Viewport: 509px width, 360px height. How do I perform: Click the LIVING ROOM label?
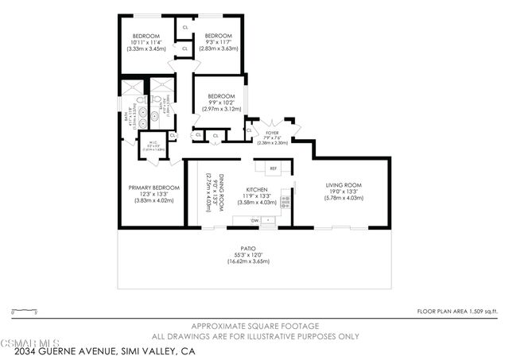click(x=344, y=185)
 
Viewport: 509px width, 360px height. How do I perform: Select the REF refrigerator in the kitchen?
click(x=273, y=168)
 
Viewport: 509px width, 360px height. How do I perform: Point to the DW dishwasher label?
click(x=255, y=219)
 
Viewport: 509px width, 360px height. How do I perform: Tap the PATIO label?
click(x=249, y=248)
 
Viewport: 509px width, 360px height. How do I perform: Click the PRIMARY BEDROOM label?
click(x=153, y=188)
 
